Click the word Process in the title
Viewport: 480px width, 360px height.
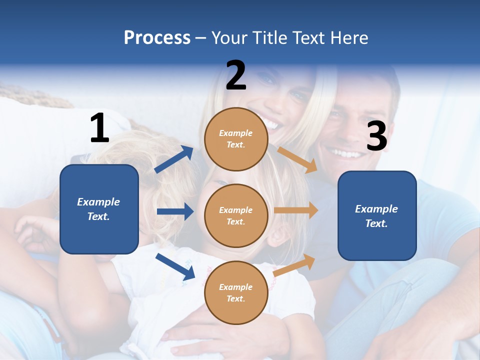pyautogui.click(x=157, y=38)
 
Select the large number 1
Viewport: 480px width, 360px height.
pyautogui.click(x=99, y=128)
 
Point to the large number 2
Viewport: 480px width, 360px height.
pyautogui.click(x=236, y=75)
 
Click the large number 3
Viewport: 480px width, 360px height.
pyautogui.click(x=377, y=136)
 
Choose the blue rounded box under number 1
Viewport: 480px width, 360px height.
pyautogui.click(x=99, y=209)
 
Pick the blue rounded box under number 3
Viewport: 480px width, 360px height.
pyautogui.click(x=377, y=216)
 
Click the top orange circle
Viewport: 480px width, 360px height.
pyautogui.click(x=236, y=139)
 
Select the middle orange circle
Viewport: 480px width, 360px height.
pyautogui.click(x=236, y=216)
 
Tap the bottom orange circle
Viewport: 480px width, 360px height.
pyautogui.click(x=236, y=292)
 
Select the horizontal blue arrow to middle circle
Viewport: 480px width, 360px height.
pyautogui.click(x=175, y=211)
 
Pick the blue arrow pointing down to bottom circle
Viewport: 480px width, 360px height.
pyautogui.click(x=175, y=266)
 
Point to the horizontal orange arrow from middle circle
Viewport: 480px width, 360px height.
pyautogui.click(x=296, y=210)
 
